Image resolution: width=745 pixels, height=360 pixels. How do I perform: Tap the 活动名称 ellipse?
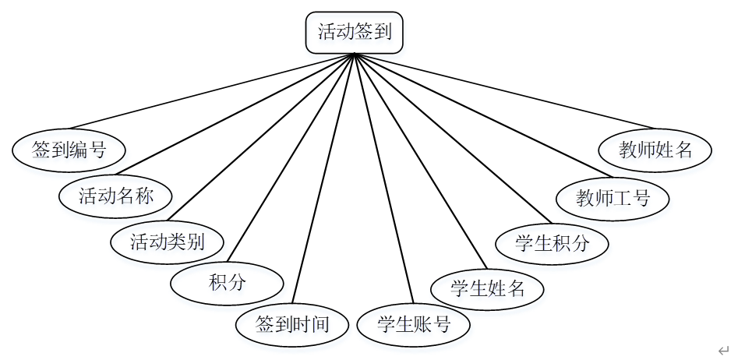(x=115, y=196)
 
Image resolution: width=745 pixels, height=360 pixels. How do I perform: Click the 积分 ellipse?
(x=227, y=282)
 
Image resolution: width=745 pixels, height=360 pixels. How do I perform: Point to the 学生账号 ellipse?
(x=414, y=323)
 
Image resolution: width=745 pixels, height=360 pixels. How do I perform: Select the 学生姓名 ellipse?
(x=488, y=289)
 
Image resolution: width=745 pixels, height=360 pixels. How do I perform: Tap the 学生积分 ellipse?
(x=552, y=243)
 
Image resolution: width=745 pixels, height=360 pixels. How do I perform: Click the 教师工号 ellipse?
(x=613, y=197)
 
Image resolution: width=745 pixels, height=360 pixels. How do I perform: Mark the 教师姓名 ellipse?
(x=655, y=150)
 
